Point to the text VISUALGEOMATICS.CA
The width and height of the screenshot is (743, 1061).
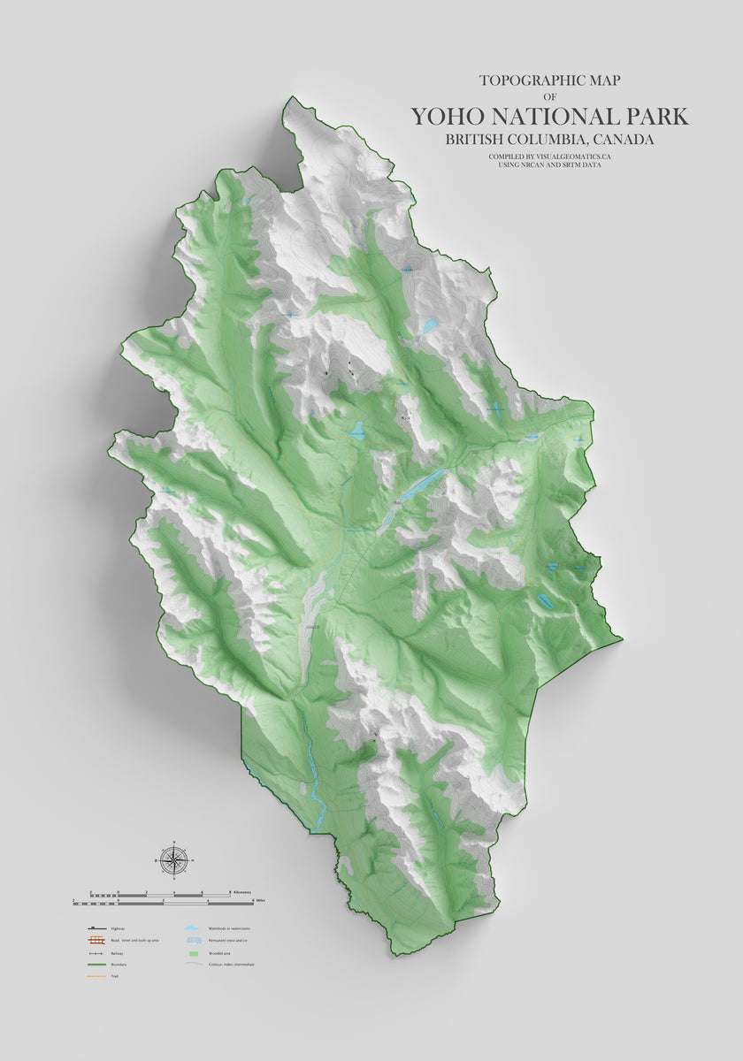tap(573, 156)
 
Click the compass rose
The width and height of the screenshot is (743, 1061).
tap(174, 859)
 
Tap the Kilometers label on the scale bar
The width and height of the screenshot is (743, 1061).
tap(241, 892)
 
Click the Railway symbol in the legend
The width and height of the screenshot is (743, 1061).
tap(96, 953)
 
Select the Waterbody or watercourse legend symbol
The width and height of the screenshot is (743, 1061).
tap(191, 929)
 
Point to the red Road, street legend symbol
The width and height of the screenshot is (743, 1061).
tap(96, 942)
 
